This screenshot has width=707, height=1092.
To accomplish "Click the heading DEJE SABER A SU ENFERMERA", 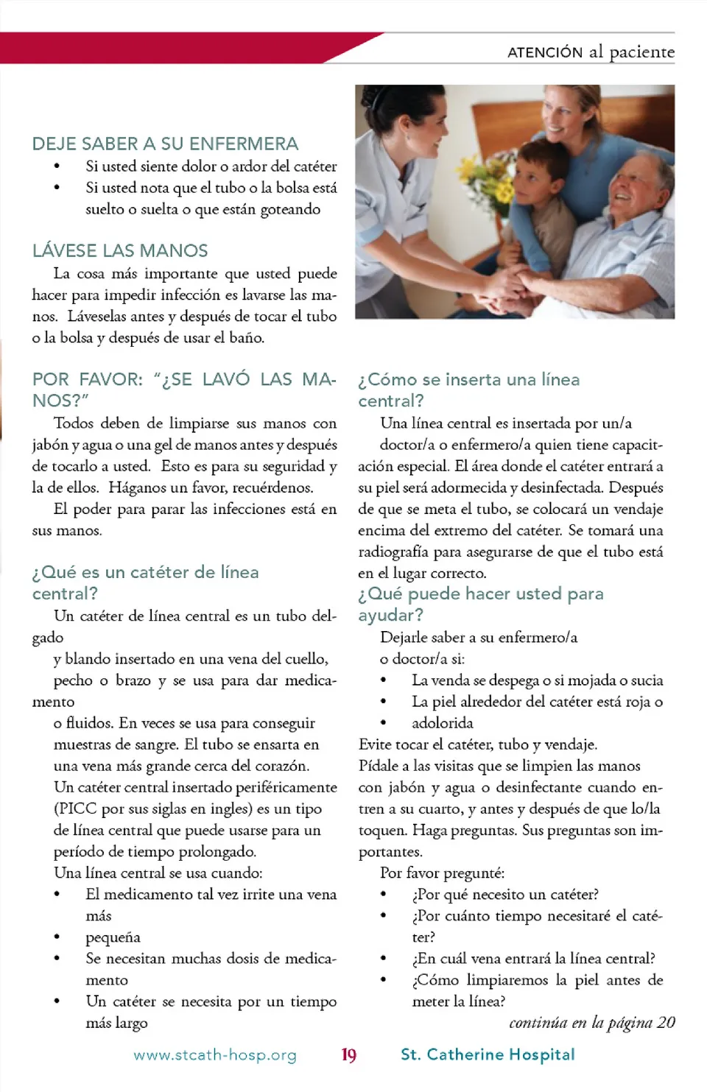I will [165, 144].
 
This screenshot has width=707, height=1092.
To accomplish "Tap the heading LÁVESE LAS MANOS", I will [120, 250].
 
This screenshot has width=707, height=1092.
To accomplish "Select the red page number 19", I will [348, 1055].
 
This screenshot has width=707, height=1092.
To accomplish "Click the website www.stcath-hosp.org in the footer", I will [215, 1055].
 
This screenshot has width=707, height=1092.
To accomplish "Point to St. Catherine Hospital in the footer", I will [488, 1054].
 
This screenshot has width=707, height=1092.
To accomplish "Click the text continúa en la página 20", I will [591, 1022].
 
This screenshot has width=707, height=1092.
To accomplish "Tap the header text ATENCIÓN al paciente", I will [591, 52].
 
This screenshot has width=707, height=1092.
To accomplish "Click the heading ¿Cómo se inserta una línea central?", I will [468, 390].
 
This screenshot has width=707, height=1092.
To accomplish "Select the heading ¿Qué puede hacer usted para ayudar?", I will [480, 604].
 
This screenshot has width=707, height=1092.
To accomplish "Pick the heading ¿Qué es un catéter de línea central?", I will [145, 582].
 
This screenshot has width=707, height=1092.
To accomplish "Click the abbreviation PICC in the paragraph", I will [77, 809].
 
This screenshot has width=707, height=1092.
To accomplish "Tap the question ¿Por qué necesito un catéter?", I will [505, 894].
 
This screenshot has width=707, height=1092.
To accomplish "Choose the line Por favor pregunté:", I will [442, 873].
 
